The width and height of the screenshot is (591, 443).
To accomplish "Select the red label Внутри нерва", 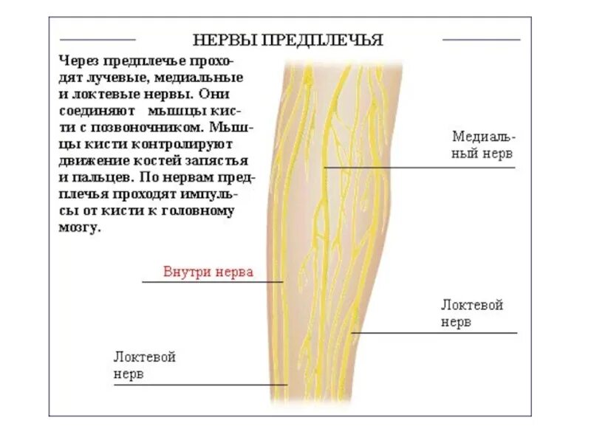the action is tap(208, 272).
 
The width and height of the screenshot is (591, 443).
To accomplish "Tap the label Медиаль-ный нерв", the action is tap(483, 146).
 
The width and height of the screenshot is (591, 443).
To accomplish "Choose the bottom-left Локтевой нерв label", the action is tap(144, 365).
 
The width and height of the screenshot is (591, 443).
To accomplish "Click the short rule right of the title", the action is tap(481, 39).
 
